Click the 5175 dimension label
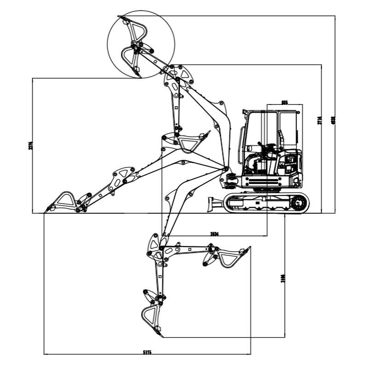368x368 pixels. click(x=147, y=352)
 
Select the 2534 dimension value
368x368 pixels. click(x=214, y=234)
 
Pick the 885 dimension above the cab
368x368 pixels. click(x=284, y=103)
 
